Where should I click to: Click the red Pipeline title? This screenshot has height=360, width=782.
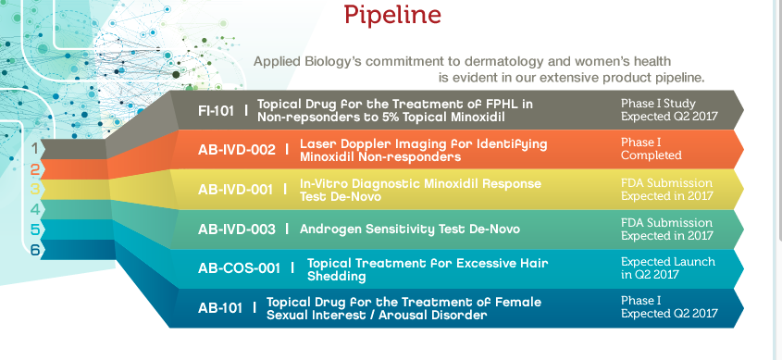(392, 15)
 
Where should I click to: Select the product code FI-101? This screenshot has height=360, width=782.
(216, 111)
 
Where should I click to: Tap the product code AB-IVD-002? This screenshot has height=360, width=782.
(236, 150)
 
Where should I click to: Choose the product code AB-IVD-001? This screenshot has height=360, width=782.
(235, 190)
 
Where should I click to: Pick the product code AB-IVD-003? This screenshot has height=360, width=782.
(236, 230)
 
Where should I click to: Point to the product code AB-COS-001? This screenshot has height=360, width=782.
(239, 268)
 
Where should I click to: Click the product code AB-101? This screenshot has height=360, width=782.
(220, 308)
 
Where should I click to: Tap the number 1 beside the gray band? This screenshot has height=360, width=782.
(34, 148)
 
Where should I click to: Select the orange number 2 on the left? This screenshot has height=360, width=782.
(34, 170)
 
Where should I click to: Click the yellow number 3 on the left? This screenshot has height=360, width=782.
(34, 190)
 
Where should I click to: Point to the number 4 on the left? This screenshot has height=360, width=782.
(34, 209)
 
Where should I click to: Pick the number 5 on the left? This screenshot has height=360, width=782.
(34, 230)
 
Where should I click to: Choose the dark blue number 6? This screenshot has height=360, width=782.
(34, 249)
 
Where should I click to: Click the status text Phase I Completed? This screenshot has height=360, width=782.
(652, 149)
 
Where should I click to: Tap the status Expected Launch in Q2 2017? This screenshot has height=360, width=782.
(668, 268)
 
